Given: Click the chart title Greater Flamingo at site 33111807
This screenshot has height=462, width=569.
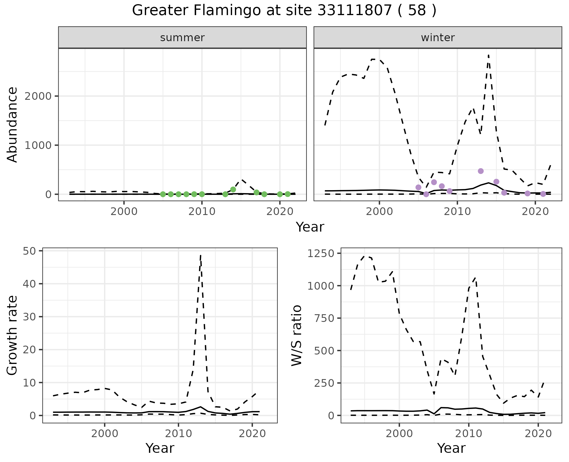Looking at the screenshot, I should point(284,11).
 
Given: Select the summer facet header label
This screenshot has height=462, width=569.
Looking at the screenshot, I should point(182,38).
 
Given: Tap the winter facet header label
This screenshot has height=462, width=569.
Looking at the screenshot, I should point(438,38).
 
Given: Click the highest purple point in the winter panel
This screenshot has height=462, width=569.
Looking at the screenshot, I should point(481,171).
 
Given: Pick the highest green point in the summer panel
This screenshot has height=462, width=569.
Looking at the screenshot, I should point(233,189).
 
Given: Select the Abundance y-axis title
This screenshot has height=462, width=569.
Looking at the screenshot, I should point(12,125).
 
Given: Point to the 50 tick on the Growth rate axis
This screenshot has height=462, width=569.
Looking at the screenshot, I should point(29,251).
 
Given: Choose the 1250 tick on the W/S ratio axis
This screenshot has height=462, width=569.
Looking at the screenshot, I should point(321,254).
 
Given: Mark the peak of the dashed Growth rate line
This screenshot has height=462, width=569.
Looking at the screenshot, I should point(201,255).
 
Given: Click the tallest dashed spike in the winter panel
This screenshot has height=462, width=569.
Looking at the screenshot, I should point(488,55).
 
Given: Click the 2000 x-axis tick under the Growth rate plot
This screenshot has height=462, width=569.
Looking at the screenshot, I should point(105,434).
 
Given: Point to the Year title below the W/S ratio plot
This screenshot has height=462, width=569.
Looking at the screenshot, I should point(451,448).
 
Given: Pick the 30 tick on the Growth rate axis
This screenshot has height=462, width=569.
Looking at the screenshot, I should point(29,317).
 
